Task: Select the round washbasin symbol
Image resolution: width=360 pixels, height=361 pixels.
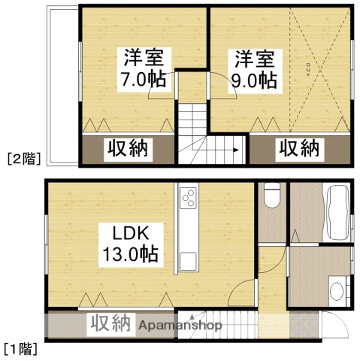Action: tap(336, 290)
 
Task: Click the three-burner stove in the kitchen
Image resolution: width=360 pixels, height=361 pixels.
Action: tap(188, 199)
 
